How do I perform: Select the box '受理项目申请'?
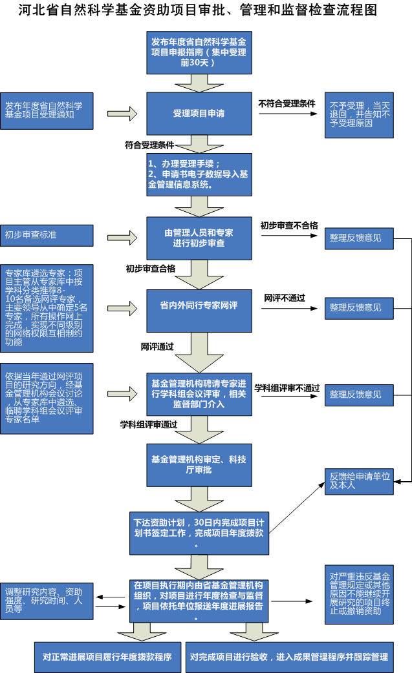(199, 113)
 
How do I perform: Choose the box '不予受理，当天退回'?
(359, 114)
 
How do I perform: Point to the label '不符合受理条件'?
(287, 103)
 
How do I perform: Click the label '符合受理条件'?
(149, 145)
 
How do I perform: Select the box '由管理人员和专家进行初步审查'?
(199, 238)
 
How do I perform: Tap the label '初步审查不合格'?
(289, 225)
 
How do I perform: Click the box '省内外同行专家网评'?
(199, 305)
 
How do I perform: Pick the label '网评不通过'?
(285, 298)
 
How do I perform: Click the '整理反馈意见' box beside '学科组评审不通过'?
(359, 394)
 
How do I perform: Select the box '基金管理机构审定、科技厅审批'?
(199, 464)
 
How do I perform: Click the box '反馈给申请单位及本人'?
(359, 481)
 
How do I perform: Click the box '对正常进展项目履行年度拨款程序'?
(107, 657)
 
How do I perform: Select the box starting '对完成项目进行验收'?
(289, 657)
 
